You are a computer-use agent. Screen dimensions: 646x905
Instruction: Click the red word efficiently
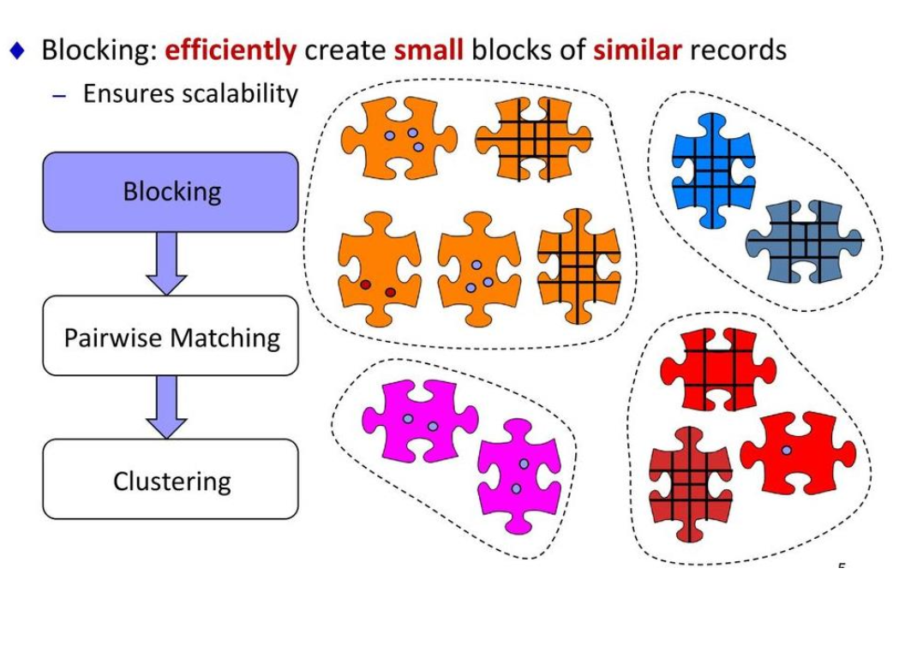[x=230, y=50]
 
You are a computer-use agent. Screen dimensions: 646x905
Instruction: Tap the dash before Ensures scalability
[x=58, y=95]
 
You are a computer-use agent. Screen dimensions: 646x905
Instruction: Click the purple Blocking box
[x=171, y=192]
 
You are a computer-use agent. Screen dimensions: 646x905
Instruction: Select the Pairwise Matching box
[x=171, y=337]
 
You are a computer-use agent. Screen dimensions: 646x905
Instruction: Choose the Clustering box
[x=171, y=480]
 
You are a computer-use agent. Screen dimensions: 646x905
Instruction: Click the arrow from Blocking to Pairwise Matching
[x=166, y=263]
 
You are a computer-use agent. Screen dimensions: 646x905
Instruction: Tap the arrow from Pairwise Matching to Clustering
[x=166, y=406]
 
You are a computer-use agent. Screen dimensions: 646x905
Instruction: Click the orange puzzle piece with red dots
[x=378, y=270]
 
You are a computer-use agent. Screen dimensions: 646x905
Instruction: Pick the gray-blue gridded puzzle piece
[x=804, y=242]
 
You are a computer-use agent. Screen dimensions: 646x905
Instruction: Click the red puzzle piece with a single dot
[x=797, y=452]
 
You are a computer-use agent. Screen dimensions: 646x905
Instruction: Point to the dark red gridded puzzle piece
[x=690, y=484]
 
